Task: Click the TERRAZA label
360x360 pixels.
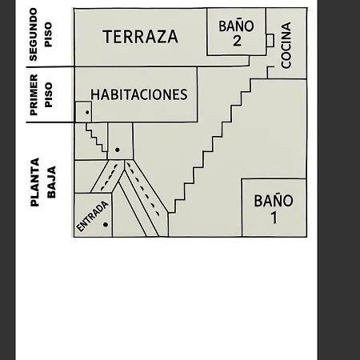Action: (140, 37)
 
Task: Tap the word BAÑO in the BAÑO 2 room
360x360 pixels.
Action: (236, 26)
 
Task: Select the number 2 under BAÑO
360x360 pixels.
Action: (237, 41)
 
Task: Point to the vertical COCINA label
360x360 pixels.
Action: (286, 45)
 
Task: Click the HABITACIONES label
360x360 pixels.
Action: (139, 94)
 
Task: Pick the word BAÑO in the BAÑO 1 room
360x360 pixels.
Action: (274, 201)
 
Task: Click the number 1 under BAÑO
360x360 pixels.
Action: (274, 218)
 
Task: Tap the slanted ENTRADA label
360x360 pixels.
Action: (92, 216)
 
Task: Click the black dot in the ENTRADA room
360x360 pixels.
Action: (106, 225)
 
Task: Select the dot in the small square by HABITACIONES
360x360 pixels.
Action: (87, 113)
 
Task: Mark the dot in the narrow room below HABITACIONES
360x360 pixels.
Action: (118, 150)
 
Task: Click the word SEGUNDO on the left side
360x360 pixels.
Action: (33, 34)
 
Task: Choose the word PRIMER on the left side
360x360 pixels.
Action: (34, 95)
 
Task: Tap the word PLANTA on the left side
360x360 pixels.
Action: (34, 182)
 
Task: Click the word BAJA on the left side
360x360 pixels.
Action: (51, 182)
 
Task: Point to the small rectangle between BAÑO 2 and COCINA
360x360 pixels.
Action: (270, 41)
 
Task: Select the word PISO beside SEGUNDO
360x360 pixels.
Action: (48, 34)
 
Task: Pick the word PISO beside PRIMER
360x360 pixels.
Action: (48, 95)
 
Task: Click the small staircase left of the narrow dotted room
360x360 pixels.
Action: (96, 141)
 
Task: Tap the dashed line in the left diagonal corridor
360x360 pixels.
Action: (109, 178)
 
